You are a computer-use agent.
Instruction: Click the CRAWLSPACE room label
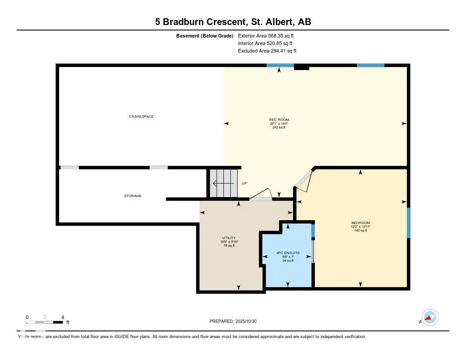pyautogui.click(x=141, y=117)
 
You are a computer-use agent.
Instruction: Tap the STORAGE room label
pyautogui.click(x=133, y=196)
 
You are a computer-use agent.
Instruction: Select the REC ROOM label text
pyautogui.click(x=279, y=120)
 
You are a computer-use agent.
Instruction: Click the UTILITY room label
pyautogui.click(x=228, y=238)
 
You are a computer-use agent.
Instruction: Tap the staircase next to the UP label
pyautogui.click(x=223, y=183)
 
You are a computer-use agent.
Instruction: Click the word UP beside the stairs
pyautogui.click(x=244, y=183)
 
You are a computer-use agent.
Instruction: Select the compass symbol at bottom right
pyautogui.click(x=430, y=317)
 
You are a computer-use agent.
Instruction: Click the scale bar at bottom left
pyautogui.click(x=45, y=322)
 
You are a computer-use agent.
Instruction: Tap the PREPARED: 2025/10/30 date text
pyautogui.click(x=236, y=321)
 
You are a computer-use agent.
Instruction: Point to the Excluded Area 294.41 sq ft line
pyautogui.click(x=267, y=51)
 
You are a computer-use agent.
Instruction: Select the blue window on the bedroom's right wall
pyautogui.click(x=408, y=223)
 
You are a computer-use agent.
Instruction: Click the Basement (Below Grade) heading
pyautogui.click(x=204, y=35)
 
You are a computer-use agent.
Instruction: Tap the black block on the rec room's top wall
pyautogui.click(x=301, y=67)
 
